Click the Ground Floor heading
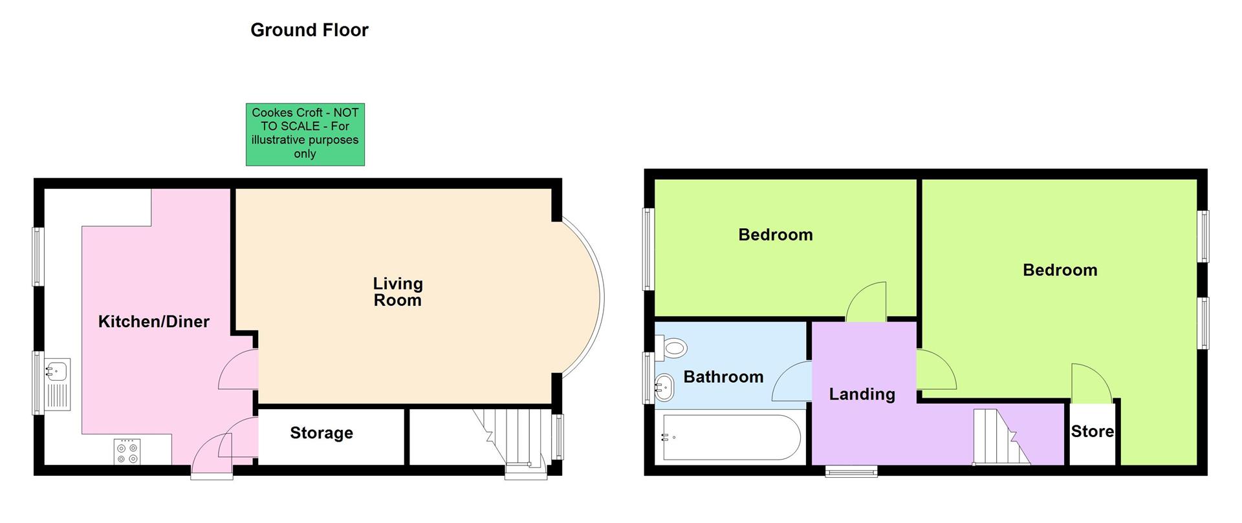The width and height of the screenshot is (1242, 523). (309, 30)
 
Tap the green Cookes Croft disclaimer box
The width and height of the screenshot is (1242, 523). (305, 134)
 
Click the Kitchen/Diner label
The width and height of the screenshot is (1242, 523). (154, 321)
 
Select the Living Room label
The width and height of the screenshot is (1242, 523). (397, 292)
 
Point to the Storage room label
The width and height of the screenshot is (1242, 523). (321, 433)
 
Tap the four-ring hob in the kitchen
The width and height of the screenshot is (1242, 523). (127, 451)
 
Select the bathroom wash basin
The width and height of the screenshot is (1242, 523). (664, 388)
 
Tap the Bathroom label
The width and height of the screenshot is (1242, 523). (723, 377)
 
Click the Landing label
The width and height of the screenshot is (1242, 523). (862, 394)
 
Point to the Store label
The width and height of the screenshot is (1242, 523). (1092, 432)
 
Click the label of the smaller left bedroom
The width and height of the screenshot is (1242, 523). (775, 235)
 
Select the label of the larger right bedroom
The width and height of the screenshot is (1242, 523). (1060, 270)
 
